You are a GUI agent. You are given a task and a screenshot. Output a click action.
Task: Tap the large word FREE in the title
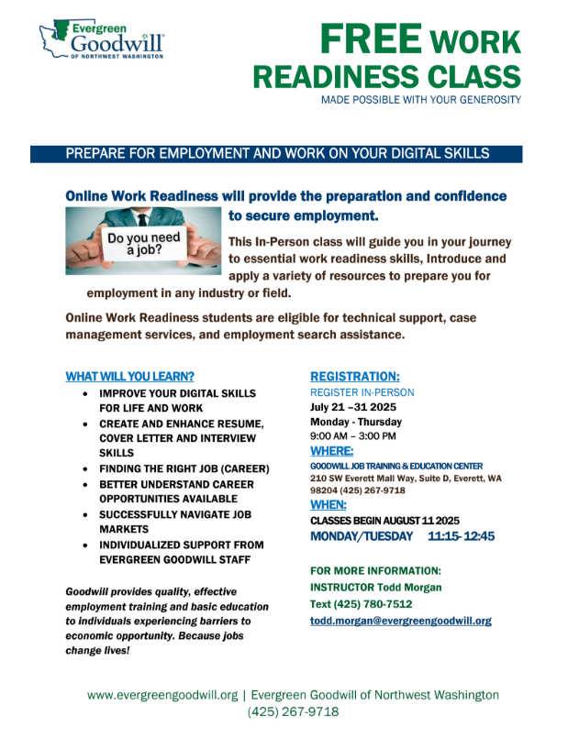pos(371,39)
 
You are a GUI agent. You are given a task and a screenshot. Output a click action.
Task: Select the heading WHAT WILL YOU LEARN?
pos(129,376)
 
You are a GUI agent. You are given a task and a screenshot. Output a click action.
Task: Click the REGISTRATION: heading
pos(354,376)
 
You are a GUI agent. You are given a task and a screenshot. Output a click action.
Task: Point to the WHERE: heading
pos(331,451)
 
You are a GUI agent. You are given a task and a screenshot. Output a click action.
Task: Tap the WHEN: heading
pos(329,504)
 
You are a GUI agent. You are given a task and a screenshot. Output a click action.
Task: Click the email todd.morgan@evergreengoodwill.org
pos(400,621)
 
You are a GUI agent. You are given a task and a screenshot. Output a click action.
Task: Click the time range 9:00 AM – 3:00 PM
pos(353,435)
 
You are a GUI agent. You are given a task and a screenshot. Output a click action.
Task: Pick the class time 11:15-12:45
pos(461,535)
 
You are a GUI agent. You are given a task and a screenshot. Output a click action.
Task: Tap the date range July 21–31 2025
pos(352,407)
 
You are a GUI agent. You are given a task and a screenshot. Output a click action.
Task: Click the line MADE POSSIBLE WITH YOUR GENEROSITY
pos(420,99)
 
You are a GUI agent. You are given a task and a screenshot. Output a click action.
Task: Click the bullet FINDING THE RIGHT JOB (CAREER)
pos(184,468)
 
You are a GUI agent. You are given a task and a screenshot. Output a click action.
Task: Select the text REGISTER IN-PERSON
pos(362,392)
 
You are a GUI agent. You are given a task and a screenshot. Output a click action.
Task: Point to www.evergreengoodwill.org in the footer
pos(161,695)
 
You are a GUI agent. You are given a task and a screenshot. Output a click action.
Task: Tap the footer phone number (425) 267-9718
pos(293,711)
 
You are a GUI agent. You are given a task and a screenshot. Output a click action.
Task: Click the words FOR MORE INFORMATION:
pos(375,570)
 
